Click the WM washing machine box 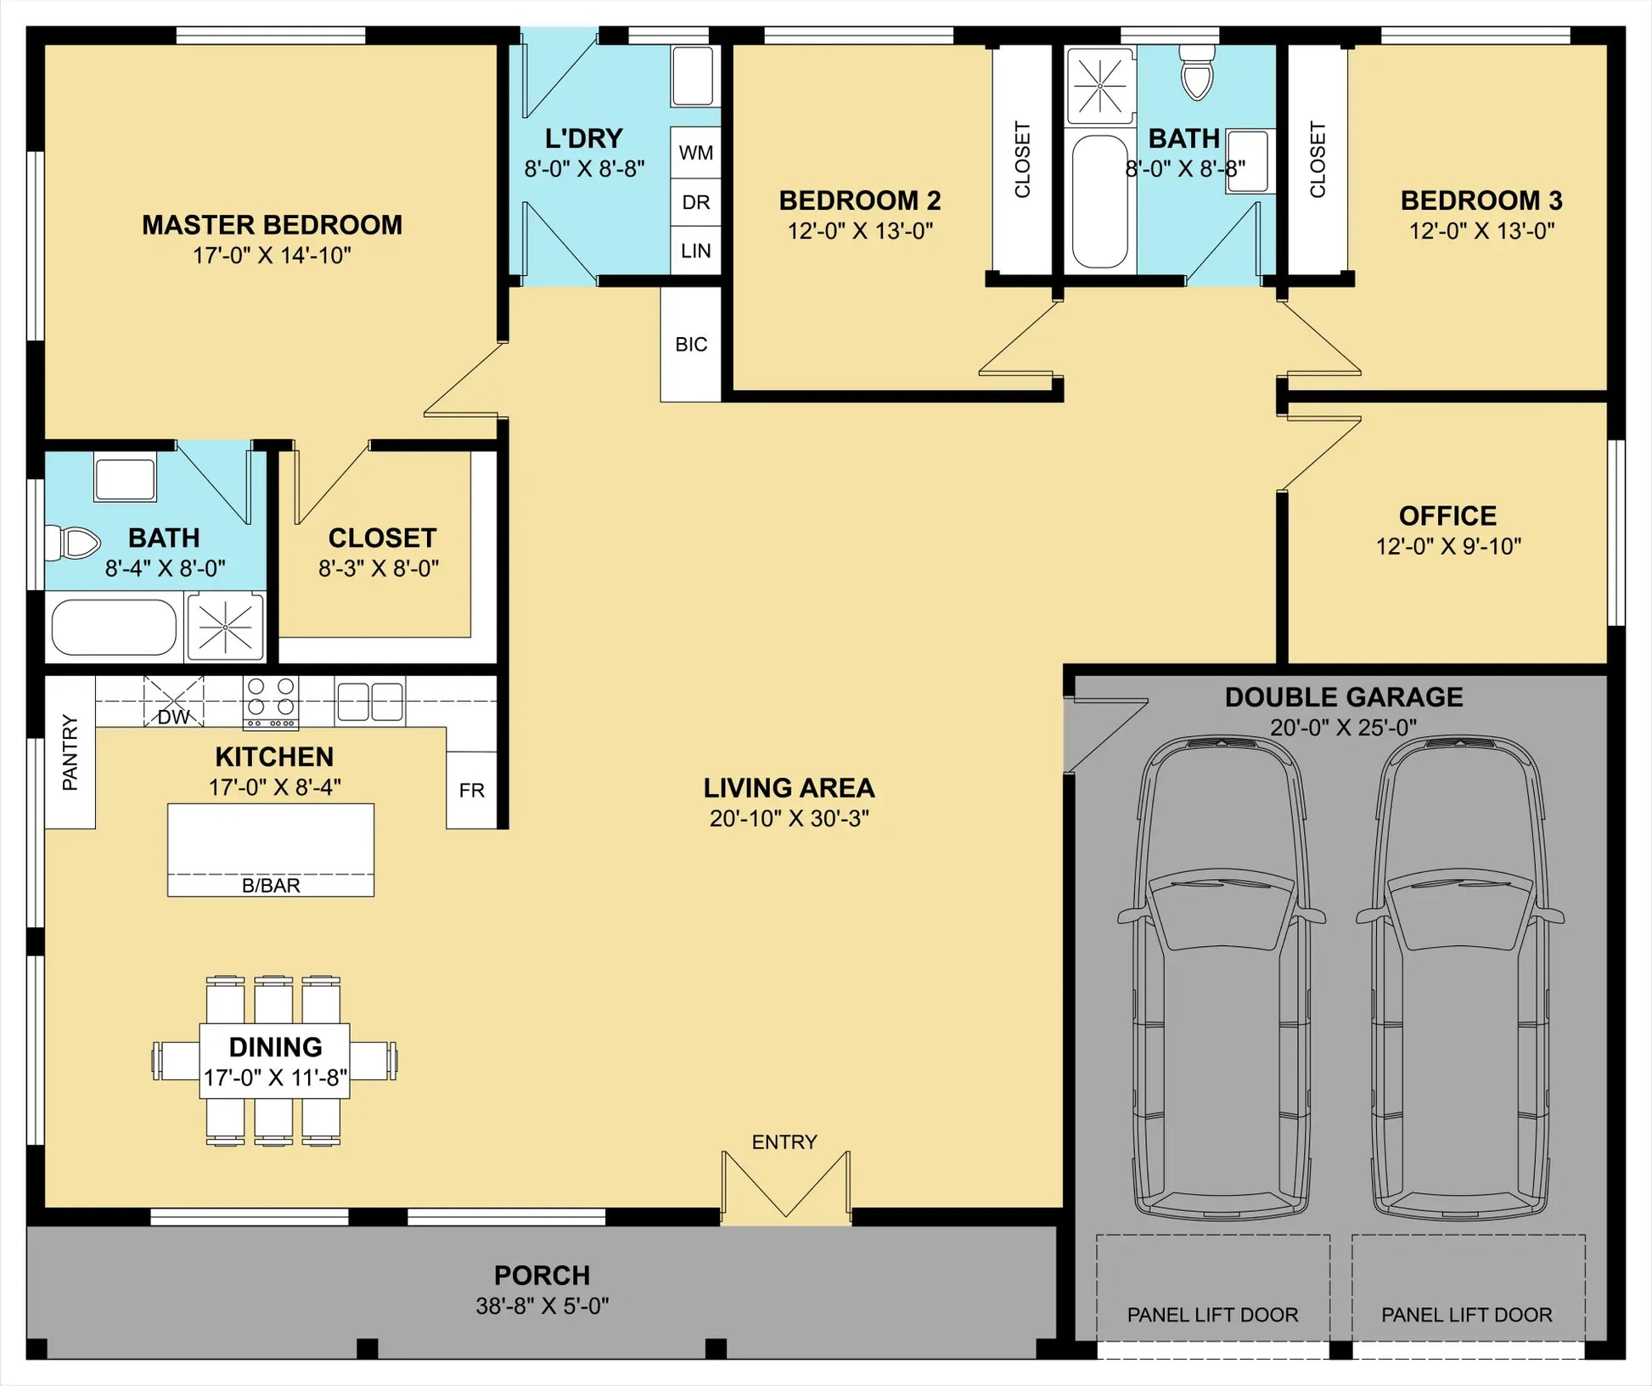click(x=695, y=153)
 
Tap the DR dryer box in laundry click(x=695, y=202)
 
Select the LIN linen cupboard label click(x=695, y=251)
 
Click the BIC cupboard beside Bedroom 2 click(x=691, y=344)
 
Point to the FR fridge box click(x=471, y=790)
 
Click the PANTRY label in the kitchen click(x=70, y=752)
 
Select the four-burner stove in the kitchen click(x=271, y=702)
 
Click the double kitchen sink click(x=369, y=701)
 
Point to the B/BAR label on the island click(x=271, y=886)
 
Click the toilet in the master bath click(x=72, y=543)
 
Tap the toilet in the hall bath click(x=1197, y=72)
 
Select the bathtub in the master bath click(x=114, y=628)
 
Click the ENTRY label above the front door click(x=784, y=1142)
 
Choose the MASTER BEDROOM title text click(x=272, y=225)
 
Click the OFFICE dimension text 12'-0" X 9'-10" click(x=1448, y=546)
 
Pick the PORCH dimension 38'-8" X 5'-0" click(x=542, y=1305)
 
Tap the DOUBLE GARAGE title click(x=1344, y=697)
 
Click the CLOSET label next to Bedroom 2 click(x=1022, y=160)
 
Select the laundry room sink click(x=693, y=76)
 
